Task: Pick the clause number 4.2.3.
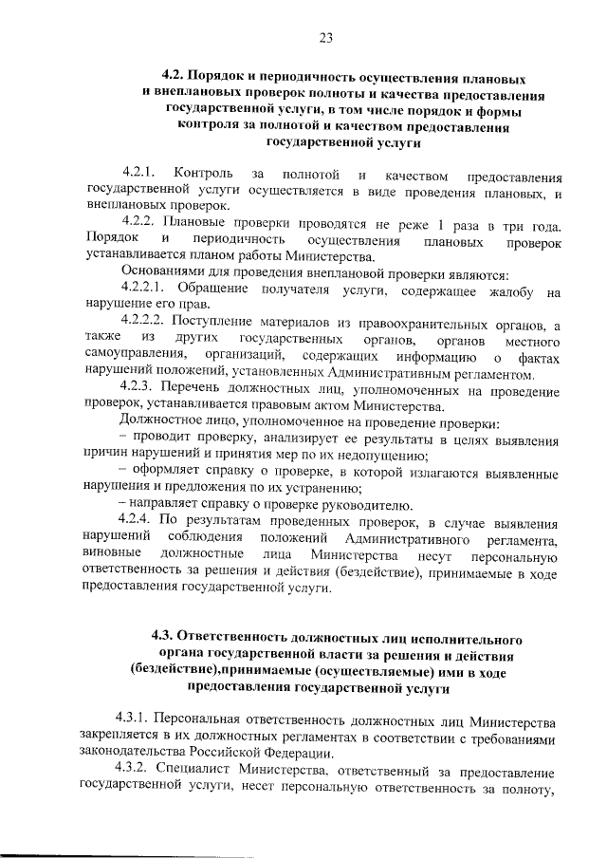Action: tap(139, 389)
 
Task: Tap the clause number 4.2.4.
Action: tap(139, 520)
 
